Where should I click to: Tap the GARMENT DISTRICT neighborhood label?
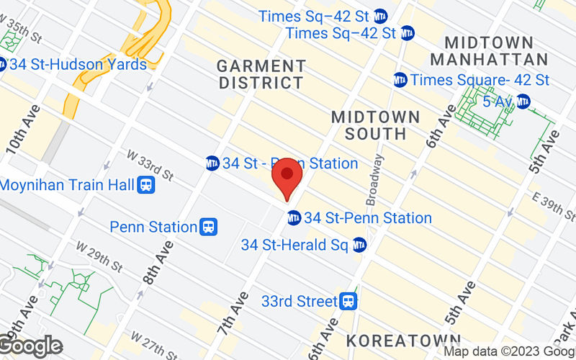(261, 75)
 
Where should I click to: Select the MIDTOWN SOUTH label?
(375, 125)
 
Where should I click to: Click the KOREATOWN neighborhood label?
(402, 339)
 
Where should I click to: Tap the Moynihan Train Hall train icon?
(147, 185)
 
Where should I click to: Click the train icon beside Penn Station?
(209, 227)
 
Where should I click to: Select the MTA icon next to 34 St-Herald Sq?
(359, 245)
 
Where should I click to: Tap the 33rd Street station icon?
(349, 300)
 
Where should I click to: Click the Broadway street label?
(376, 180)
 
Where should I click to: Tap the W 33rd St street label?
(150, 165)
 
